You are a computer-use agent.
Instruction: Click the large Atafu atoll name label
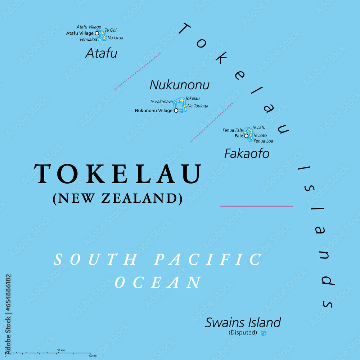pyautogui.click(x=101, y=54)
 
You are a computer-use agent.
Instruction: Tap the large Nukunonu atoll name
pyautogui.click(x=179, y=85)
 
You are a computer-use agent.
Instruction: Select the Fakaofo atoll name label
pyautogui.click(x=247, y=154)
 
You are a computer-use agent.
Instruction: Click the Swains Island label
pyautogui.click(x=243, y=323)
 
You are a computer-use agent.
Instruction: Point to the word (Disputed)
pyautogui.click(x=243, y=333)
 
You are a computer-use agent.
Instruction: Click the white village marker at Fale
pyautogui.click(x=246, y=136)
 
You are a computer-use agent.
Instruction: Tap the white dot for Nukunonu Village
pyautogui.click(x=176, y=111)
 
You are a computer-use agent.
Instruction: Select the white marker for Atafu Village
pyautogui.click(x=97, y=33)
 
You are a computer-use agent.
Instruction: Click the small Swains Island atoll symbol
pyautogui.click(x=264, y=333)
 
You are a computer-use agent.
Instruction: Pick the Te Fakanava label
pyautogui.click(x=161, y=102)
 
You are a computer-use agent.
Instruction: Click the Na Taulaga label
pyautogui.click(x=198, y=106)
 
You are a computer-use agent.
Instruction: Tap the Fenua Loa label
pyautogui.click(x=263, y=141)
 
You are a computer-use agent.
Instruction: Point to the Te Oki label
pyautogui.click(x=111, y=30)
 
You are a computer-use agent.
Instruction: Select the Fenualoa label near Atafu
pyautogui.click(x=89, y=39)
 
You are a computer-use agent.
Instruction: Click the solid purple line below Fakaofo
pyautogui.click(x=256, y=206)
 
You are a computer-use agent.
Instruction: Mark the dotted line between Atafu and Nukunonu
pyautogui.click(x=137, y=72)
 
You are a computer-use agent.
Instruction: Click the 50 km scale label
pyautogui.click(x=60, y=350)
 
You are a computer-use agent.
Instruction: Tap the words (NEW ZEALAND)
pyautogui.click(x=117, y=199)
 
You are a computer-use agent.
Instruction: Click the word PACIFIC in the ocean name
pyautogui.click(x=208, y=260)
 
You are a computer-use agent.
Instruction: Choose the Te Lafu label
pyautogui.click(x=258, y=127)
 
